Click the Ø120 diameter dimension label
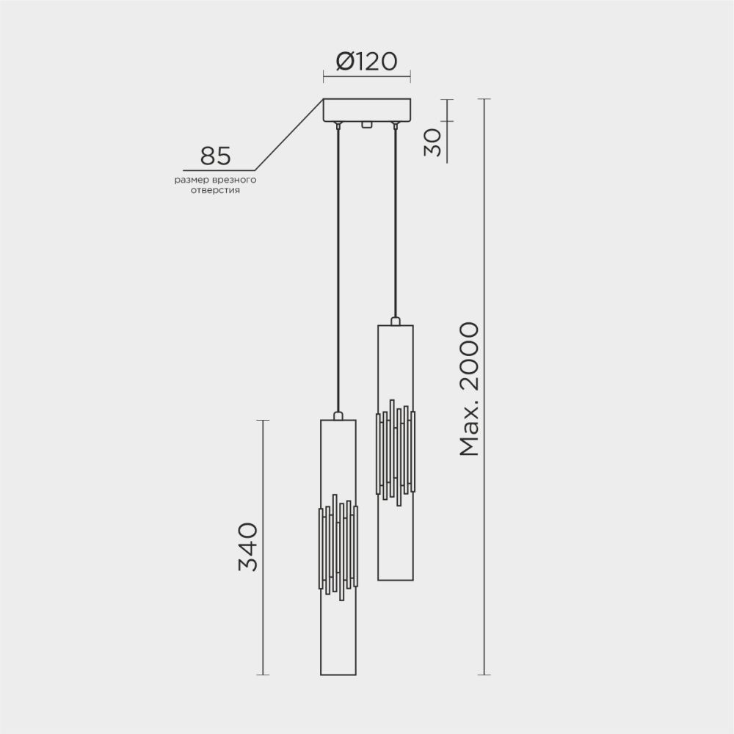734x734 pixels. tap(367, 61)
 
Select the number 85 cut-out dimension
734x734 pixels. tap(215, 156)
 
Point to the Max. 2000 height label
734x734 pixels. tap(469, 389)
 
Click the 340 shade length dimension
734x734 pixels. tap(249, 547)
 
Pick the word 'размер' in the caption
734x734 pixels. tap(190, 179)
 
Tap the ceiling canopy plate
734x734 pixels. tap(367, 110)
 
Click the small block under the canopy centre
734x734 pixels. tap(366, 126)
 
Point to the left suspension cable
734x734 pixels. tap(338, 272)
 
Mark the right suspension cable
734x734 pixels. tap(396, 220)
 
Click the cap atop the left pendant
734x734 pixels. tap(338, 416)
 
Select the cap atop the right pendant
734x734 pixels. tap(396, 321)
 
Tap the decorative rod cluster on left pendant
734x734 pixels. tap(338, 547)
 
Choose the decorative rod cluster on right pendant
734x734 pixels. tap(396, 451)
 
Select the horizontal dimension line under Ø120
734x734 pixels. tap(367, 74)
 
